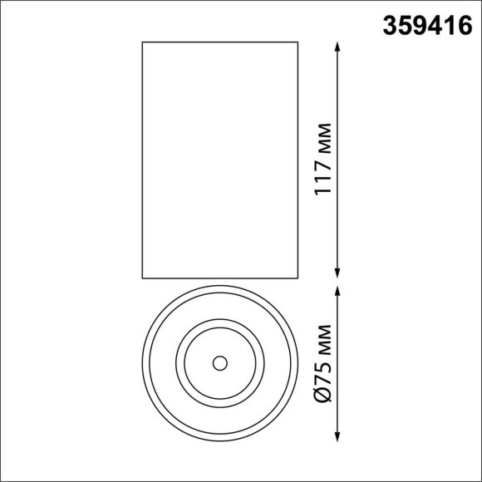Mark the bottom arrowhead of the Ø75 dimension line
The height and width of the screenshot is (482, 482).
[x=338, y=436]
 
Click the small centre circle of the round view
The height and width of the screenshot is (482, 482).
[x=219, y=363]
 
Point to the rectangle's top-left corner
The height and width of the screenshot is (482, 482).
[x=143, y=42]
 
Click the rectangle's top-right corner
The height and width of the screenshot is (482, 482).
[x=298, y=42]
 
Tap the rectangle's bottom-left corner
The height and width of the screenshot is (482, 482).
[x=143, y=278]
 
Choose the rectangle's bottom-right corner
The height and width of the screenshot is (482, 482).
[x=298, y=278]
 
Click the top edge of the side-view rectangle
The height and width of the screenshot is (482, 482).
[x=220, y=42]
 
